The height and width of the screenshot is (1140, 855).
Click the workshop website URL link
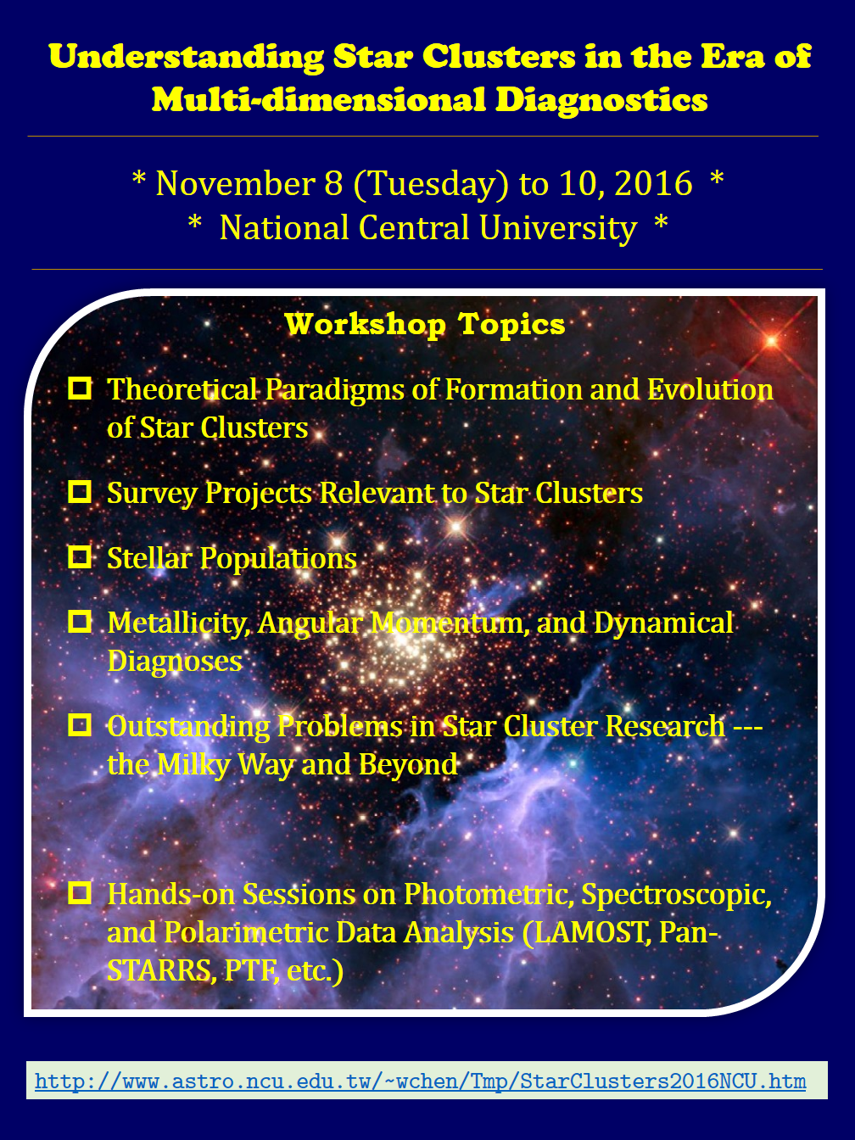[x=421, y=1081]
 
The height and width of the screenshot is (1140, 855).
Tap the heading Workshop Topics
[x=425, y=325]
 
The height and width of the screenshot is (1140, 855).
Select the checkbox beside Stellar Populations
[x=80, y=556]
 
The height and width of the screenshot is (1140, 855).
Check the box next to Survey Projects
[x=80, y=491]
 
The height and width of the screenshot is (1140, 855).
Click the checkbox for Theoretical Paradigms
[x=80, y=388]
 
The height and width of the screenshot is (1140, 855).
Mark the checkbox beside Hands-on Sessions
[x=80, y=893]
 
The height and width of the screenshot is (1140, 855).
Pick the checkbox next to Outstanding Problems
[x=80, y=724]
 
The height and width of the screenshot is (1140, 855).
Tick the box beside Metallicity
[x=80, y=621]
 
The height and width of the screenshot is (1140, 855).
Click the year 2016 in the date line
[x=653, y=183]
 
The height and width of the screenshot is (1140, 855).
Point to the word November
[x=235, y=183]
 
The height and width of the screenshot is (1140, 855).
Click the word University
[x=557, y=228]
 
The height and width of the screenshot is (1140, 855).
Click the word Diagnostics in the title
[x=601, y=100]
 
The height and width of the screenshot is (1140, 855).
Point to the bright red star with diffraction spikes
[x=771, y=341]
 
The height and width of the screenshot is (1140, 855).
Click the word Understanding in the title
[x=187, y=57]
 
